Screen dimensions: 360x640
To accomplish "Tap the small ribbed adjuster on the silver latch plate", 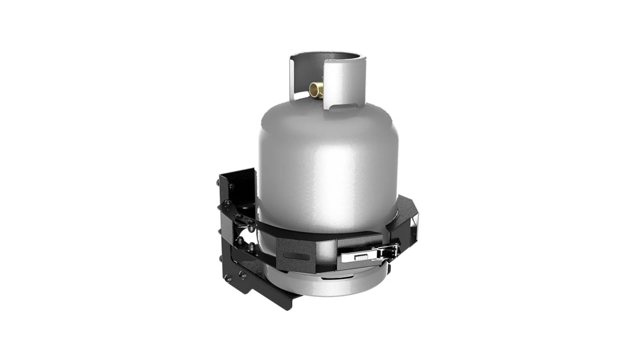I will click(x=361, y=258).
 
